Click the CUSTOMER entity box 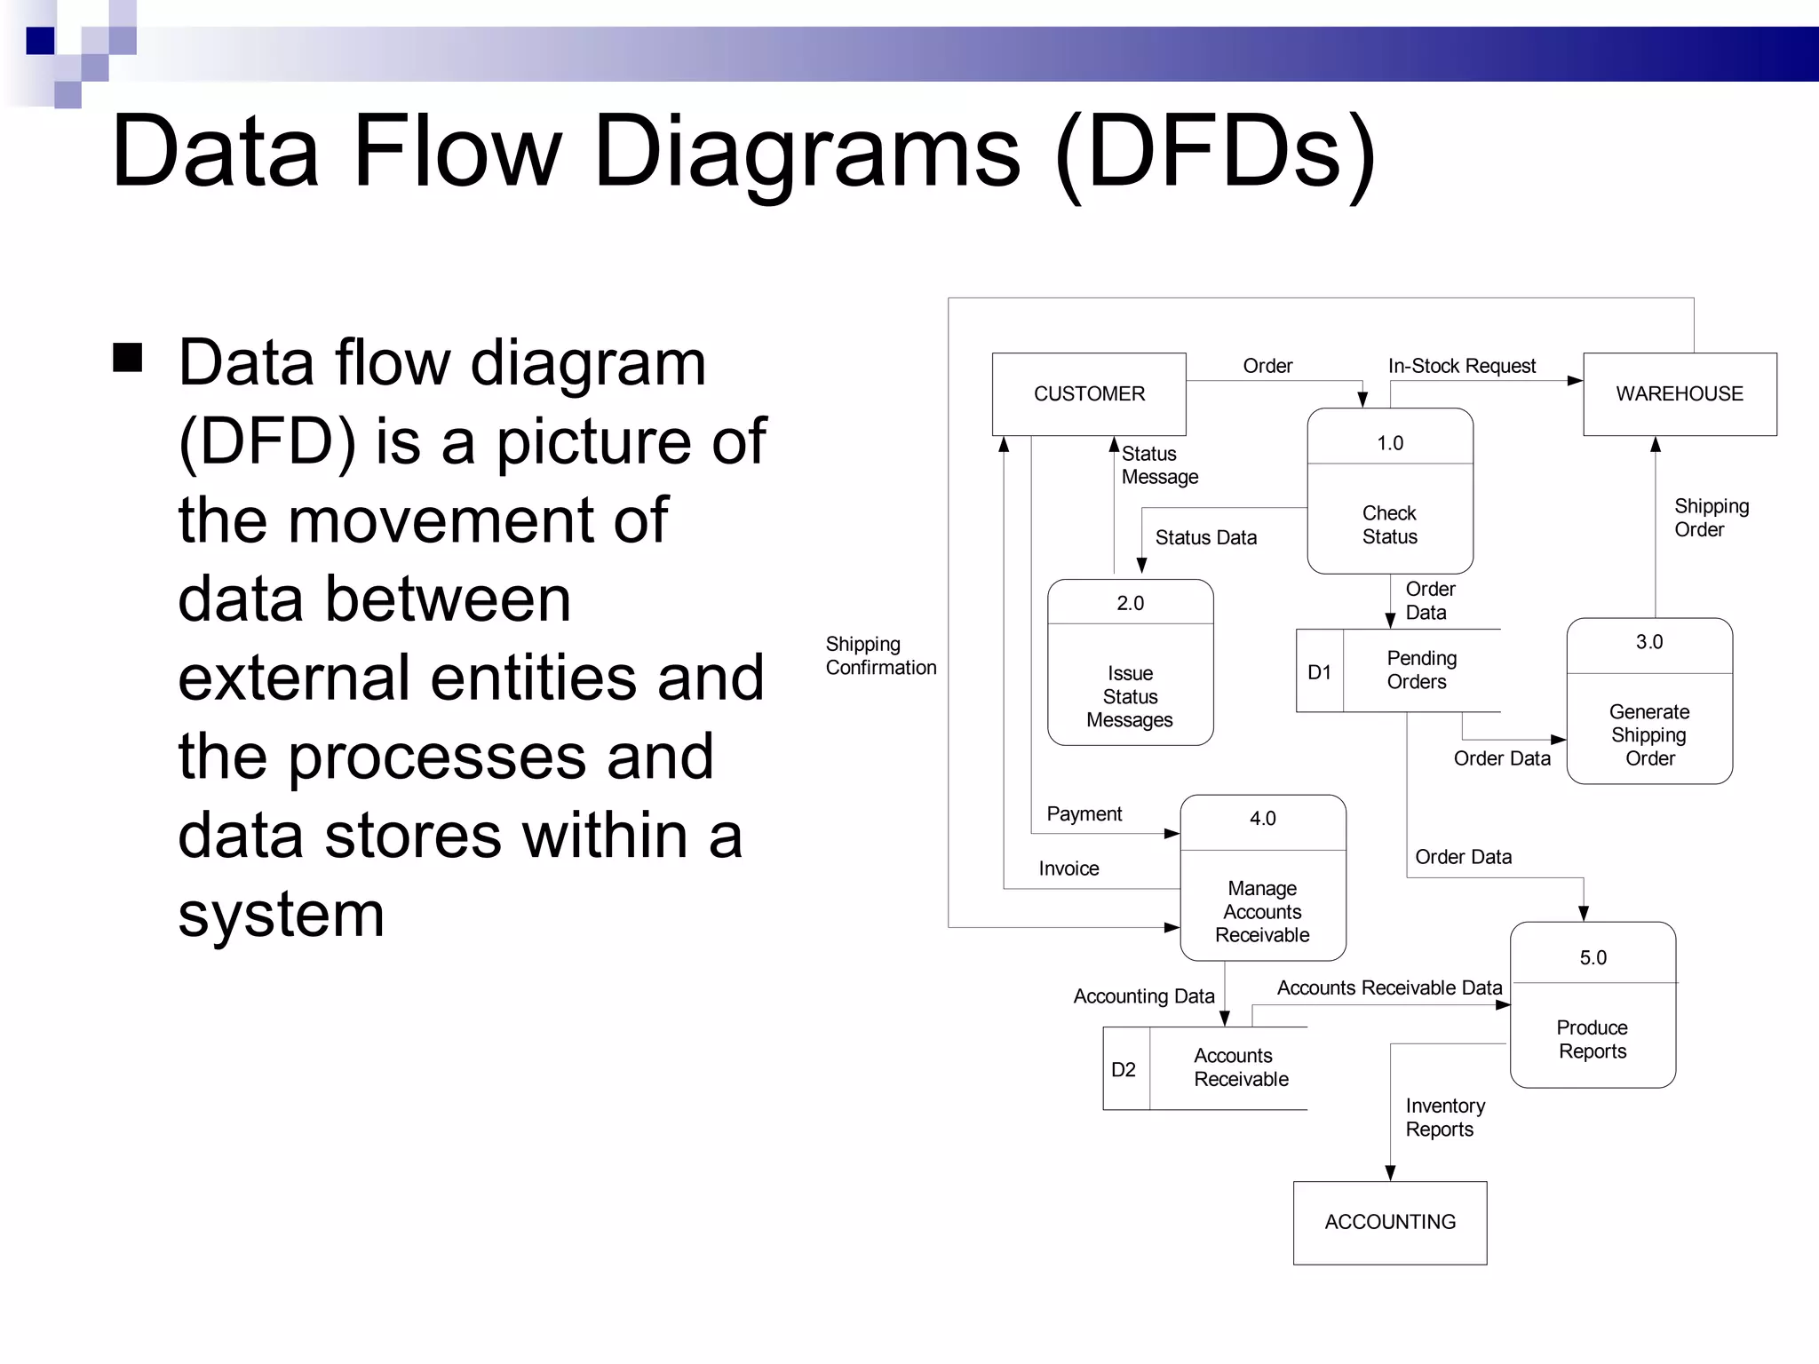1089,394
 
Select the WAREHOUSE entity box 1680,394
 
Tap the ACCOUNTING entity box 1390,1222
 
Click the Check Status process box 1390,491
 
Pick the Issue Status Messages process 1130,662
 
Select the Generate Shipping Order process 1649,701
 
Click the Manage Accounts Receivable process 1262,877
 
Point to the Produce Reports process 1593,1004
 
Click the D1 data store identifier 1320,672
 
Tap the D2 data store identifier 1124,1069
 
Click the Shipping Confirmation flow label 880,655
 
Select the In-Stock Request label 1461,366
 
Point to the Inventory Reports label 1444,1117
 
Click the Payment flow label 1084,813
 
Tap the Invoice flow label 1068,868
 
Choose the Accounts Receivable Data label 1389,987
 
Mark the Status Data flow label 1205,537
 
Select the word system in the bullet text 282,915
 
